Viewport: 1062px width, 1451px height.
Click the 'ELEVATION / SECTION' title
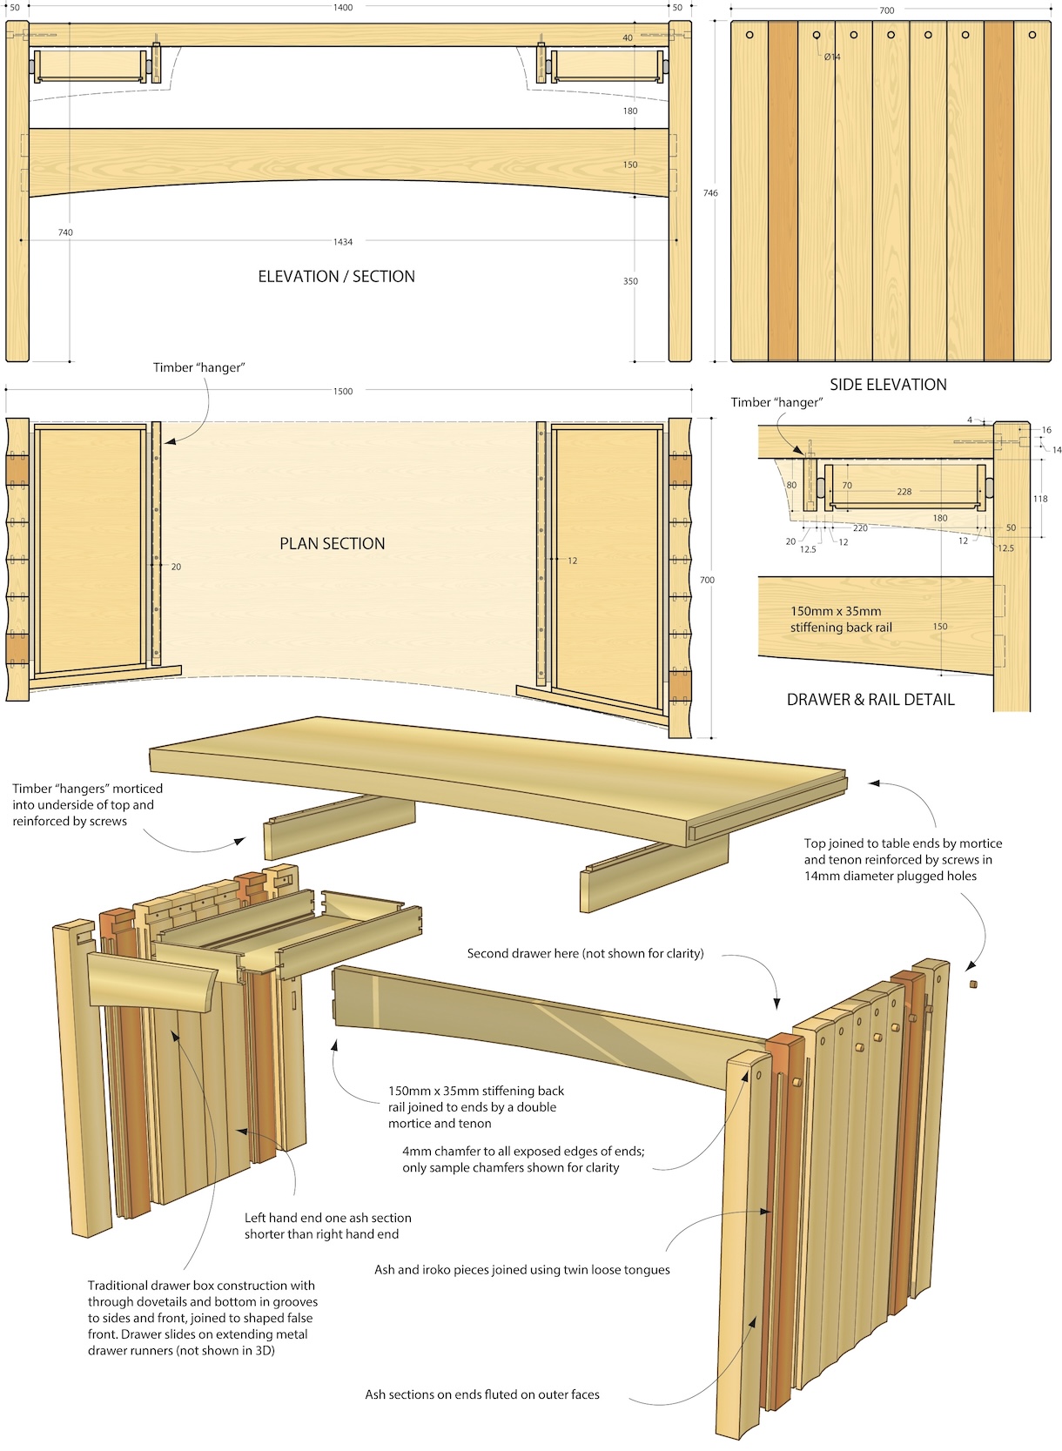coord(336,277)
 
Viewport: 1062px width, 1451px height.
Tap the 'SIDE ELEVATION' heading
coord(887,385)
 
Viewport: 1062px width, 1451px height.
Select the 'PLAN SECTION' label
coord(332,544)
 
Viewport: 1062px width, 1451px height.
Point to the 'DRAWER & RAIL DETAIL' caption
coord(870,700)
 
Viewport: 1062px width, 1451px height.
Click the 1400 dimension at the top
coord(343,8)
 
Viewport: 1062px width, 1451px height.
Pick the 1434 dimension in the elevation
coord(343,242)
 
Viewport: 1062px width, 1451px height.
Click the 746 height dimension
coord(710,193)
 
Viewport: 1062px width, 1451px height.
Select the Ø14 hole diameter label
coord(832,57)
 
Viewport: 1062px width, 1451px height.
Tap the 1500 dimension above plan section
coord(343,392)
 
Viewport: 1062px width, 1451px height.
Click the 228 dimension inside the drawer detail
coord(904,492)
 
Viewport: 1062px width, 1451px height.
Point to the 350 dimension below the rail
coord(630,281)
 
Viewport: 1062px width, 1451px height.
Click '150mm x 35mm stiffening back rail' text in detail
coord(836,620)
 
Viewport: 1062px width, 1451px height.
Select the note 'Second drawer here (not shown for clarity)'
coord(585,954)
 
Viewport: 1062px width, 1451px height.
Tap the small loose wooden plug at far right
coord(973,984)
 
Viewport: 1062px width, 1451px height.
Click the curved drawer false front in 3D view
coord(153,983)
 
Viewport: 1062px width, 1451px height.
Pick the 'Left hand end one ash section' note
coord(327,1226)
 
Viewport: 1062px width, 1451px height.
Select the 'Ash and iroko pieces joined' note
coord(521,1270)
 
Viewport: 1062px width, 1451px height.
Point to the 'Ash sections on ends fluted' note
coord(481,1394)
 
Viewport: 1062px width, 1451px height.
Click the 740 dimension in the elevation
coord(65,232)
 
